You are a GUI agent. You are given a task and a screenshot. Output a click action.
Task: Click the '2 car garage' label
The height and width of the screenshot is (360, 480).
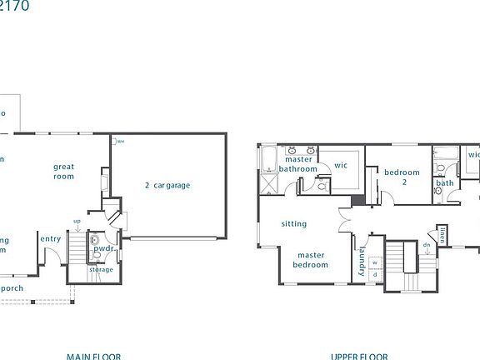[167, 186]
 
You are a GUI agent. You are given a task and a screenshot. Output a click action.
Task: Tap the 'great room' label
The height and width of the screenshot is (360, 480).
[64, 171]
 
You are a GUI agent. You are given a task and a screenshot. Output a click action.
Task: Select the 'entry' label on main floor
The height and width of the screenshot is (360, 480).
[50, 239]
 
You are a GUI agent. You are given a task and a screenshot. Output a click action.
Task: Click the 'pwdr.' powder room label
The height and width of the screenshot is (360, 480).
[103, 248]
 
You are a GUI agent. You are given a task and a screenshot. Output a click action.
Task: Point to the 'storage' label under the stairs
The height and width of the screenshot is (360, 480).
[102, 269]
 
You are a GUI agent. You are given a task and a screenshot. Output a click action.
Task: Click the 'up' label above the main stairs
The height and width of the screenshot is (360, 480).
[77, 222]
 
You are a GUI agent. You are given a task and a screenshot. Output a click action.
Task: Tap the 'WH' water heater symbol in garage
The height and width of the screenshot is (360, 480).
[120, 141]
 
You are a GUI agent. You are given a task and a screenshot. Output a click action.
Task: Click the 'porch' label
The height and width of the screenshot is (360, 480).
[12, 288]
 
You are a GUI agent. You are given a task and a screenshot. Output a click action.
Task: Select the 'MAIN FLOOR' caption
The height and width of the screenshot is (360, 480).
[93, 356]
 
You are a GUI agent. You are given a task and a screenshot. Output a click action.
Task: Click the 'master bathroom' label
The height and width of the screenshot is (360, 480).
[298, 164]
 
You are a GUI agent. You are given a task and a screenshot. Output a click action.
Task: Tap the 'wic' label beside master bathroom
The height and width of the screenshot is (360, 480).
[341, 165]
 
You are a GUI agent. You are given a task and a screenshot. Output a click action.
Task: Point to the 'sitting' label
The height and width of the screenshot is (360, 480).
[294, 223]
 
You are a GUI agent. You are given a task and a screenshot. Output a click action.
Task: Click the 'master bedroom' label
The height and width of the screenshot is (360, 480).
[310, 260]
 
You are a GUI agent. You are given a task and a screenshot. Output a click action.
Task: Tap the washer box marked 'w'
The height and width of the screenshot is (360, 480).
[374, 263]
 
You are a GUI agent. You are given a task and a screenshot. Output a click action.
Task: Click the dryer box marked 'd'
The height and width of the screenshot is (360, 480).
[374, 275]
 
